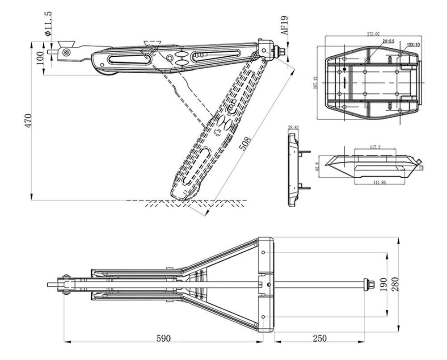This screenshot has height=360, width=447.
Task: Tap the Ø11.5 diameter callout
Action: tap(48, 24)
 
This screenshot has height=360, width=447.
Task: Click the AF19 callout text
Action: tap(285, 25)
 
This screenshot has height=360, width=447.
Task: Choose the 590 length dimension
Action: tap(164, 338)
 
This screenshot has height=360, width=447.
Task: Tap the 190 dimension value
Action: tap(384, 285)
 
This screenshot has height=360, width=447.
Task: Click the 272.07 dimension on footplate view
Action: tap(373, 34)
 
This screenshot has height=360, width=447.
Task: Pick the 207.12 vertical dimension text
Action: tap(316, 82)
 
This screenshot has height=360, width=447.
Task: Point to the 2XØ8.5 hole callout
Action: tap(388, 41)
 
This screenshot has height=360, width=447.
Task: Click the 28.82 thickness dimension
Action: tap(293, 128)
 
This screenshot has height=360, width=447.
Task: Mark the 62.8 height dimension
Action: tap(317, 166)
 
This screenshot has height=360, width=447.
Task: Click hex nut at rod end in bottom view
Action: tap(369, 285)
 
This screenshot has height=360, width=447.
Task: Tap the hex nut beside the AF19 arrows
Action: tap(281, 51)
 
